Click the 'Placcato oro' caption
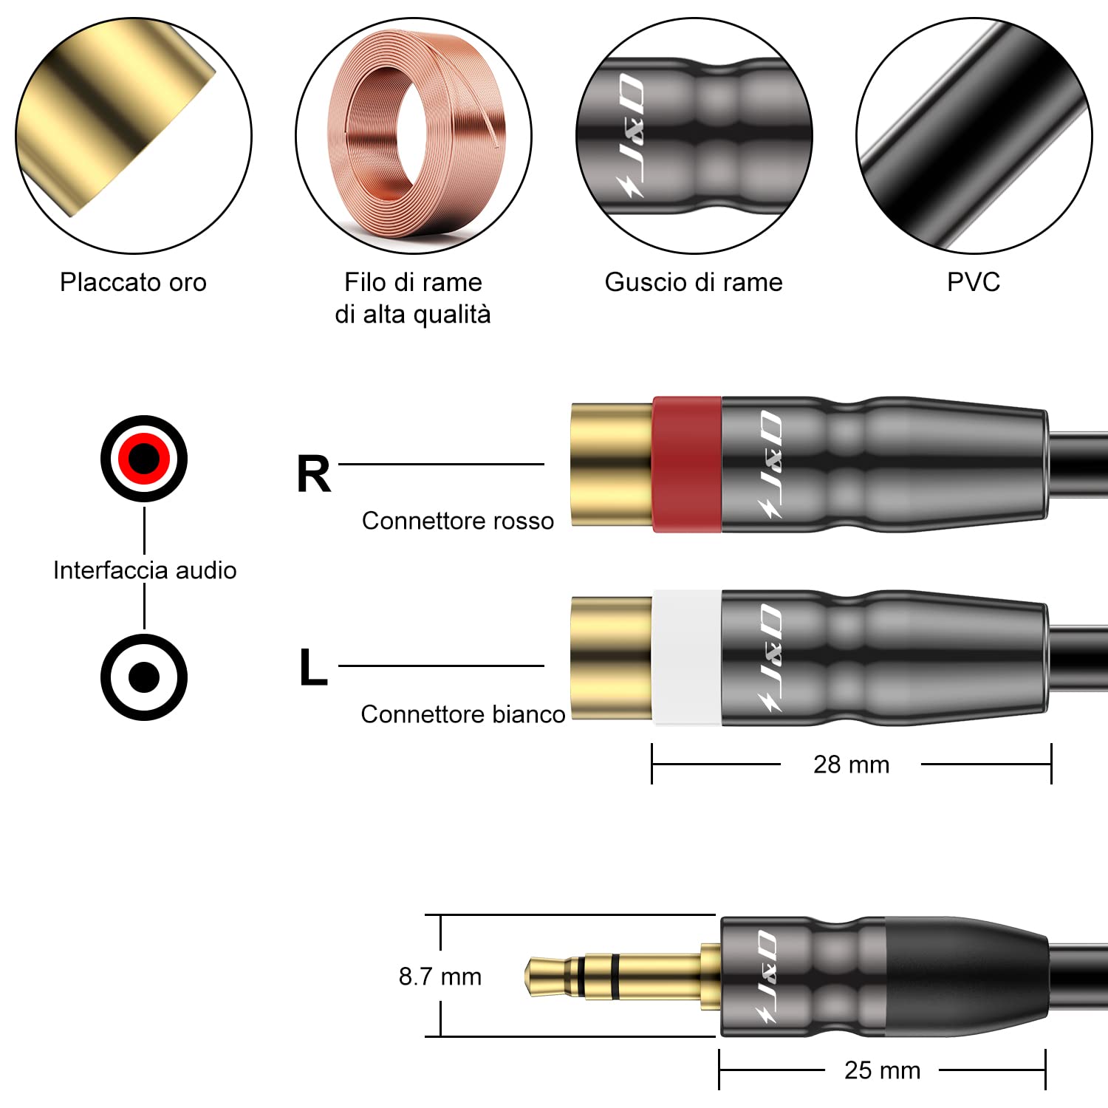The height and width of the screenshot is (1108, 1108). pyautogui.click(x=133, y=282)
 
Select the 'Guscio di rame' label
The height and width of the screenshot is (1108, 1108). pyautogui.click(x=694, y=282)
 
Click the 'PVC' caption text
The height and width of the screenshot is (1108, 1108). pyautogui.click(x=974, y=282)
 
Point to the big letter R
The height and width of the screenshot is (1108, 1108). pyautogui.click(x=314, y=474)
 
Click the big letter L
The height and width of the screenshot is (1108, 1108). pyautogui.click(x=313, y=668)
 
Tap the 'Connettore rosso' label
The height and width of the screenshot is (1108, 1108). pyautogui.click(x=458, y=521)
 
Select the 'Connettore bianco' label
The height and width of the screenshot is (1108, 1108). pyautogui.click(x=463, y=714)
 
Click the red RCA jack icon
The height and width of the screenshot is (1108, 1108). pyautogui.click(x=144, y=459)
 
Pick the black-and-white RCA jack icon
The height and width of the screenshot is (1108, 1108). pyautogui.click(x=144, y=677)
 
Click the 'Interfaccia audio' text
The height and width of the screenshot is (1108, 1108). pyautogui.click(x=145, y=570)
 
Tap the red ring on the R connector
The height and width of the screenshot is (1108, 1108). pyautogui.click(x=687, y=464)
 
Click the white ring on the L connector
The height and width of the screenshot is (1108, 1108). pyautogui.click(x=687, y=657)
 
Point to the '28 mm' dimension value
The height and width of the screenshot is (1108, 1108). pyautogui.click(x=852, y=765)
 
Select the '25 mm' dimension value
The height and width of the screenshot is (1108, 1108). pyautogui.click(x=883, y=1070)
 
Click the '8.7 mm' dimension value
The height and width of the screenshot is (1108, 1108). pyautogui.click(x=440, y=977)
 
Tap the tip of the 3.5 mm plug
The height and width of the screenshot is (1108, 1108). pyautogui.click(x=527, y=976)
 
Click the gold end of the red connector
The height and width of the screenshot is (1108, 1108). pyautogui.click(x=612, y=464)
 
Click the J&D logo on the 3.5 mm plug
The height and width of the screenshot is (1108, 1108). pyautogui.click(x=768, y=977)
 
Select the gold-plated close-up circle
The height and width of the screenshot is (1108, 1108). pyautogui.click(x=134, y=136)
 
